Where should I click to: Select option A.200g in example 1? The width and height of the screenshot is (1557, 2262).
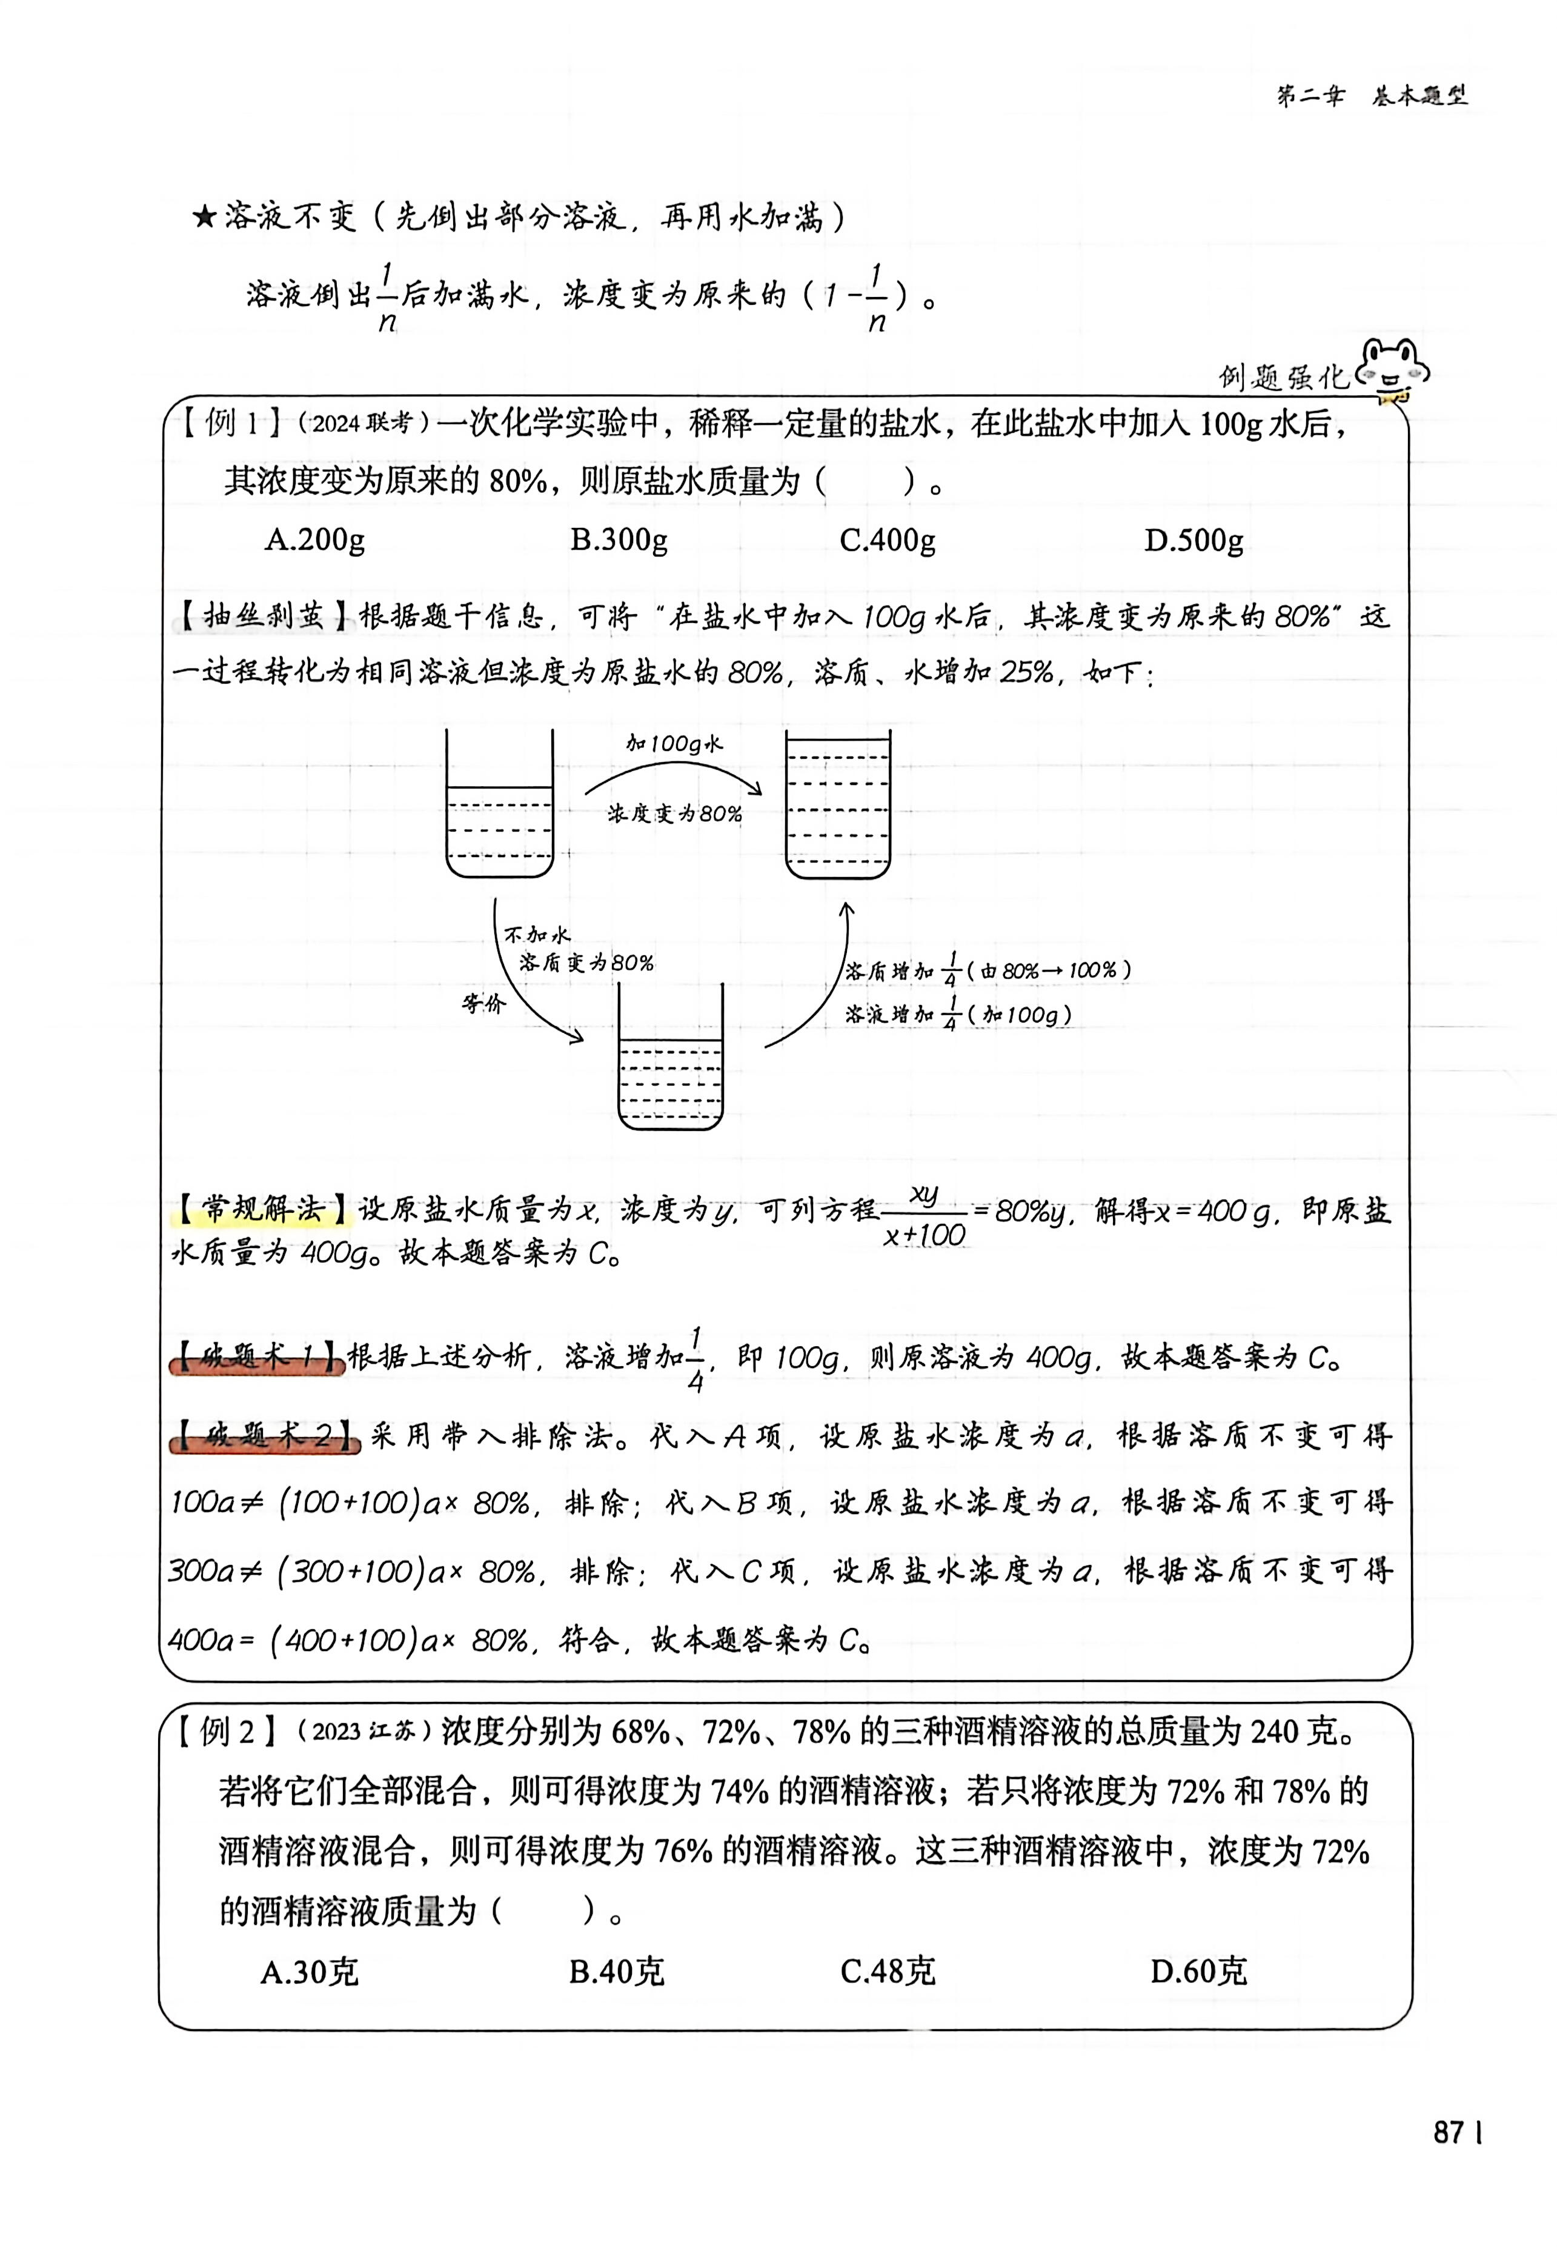click(x=314, y=539)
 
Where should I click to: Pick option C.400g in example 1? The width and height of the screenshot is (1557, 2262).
click(x=887, y=539)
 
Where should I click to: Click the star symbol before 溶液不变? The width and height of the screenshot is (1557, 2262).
click(x=204, y=216)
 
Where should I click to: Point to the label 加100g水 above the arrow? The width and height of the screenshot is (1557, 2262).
click(x=674, y=744)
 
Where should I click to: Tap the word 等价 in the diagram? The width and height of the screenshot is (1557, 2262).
click(x=484, y=1004)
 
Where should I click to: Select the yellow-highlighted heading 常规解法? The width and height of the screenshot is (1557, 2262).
click(x=262, y=1209)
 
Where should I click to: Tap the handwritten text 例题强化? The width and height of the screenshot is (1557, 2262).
click(x=1282, y=376)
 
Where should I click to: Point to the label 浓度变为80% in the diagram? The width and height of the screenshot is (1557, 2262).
click(x=674, y=814)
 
